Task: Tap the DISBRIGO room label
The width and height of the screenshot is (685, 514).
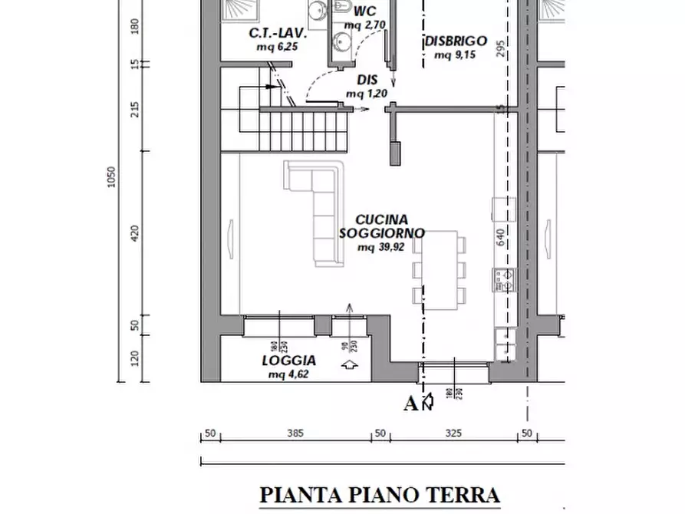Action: [456, 41]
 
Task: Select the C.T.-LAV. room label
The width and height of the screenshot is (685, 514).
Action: [277, 34]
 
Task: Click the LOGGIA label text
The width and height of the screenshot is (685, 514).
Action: [288, 361]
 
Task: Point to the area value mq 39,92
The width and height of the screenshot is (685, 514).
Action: [380, 247]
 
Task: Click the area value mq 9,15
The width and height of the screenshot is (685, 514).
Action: [454, 55]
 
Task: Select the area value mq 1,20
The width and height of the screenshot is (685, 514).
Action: [366, 94]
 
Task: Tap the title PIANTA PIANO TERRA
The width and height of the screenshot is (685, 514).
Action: [380, 495]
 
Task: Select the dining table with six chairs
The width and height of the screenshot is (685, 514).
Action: [439, 269]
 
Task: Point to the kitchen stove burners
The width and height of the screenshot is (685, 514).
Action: [504, 279]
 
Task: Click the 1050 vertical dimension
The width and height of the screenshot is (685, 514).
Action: [112, 178]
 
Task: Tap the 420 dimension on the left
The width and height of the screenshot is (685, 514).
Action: [136, 233]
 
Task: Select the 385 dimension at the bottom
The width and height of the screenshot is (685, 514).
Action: [295, 433]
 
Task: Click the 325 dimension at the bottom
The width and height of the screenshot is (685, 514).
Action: [453, 433]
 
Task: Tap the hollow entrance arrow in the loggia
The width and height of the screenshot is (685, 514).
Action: [351, 366]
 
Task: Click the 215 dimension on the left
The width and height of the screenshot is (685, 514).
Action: [136, 110]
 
